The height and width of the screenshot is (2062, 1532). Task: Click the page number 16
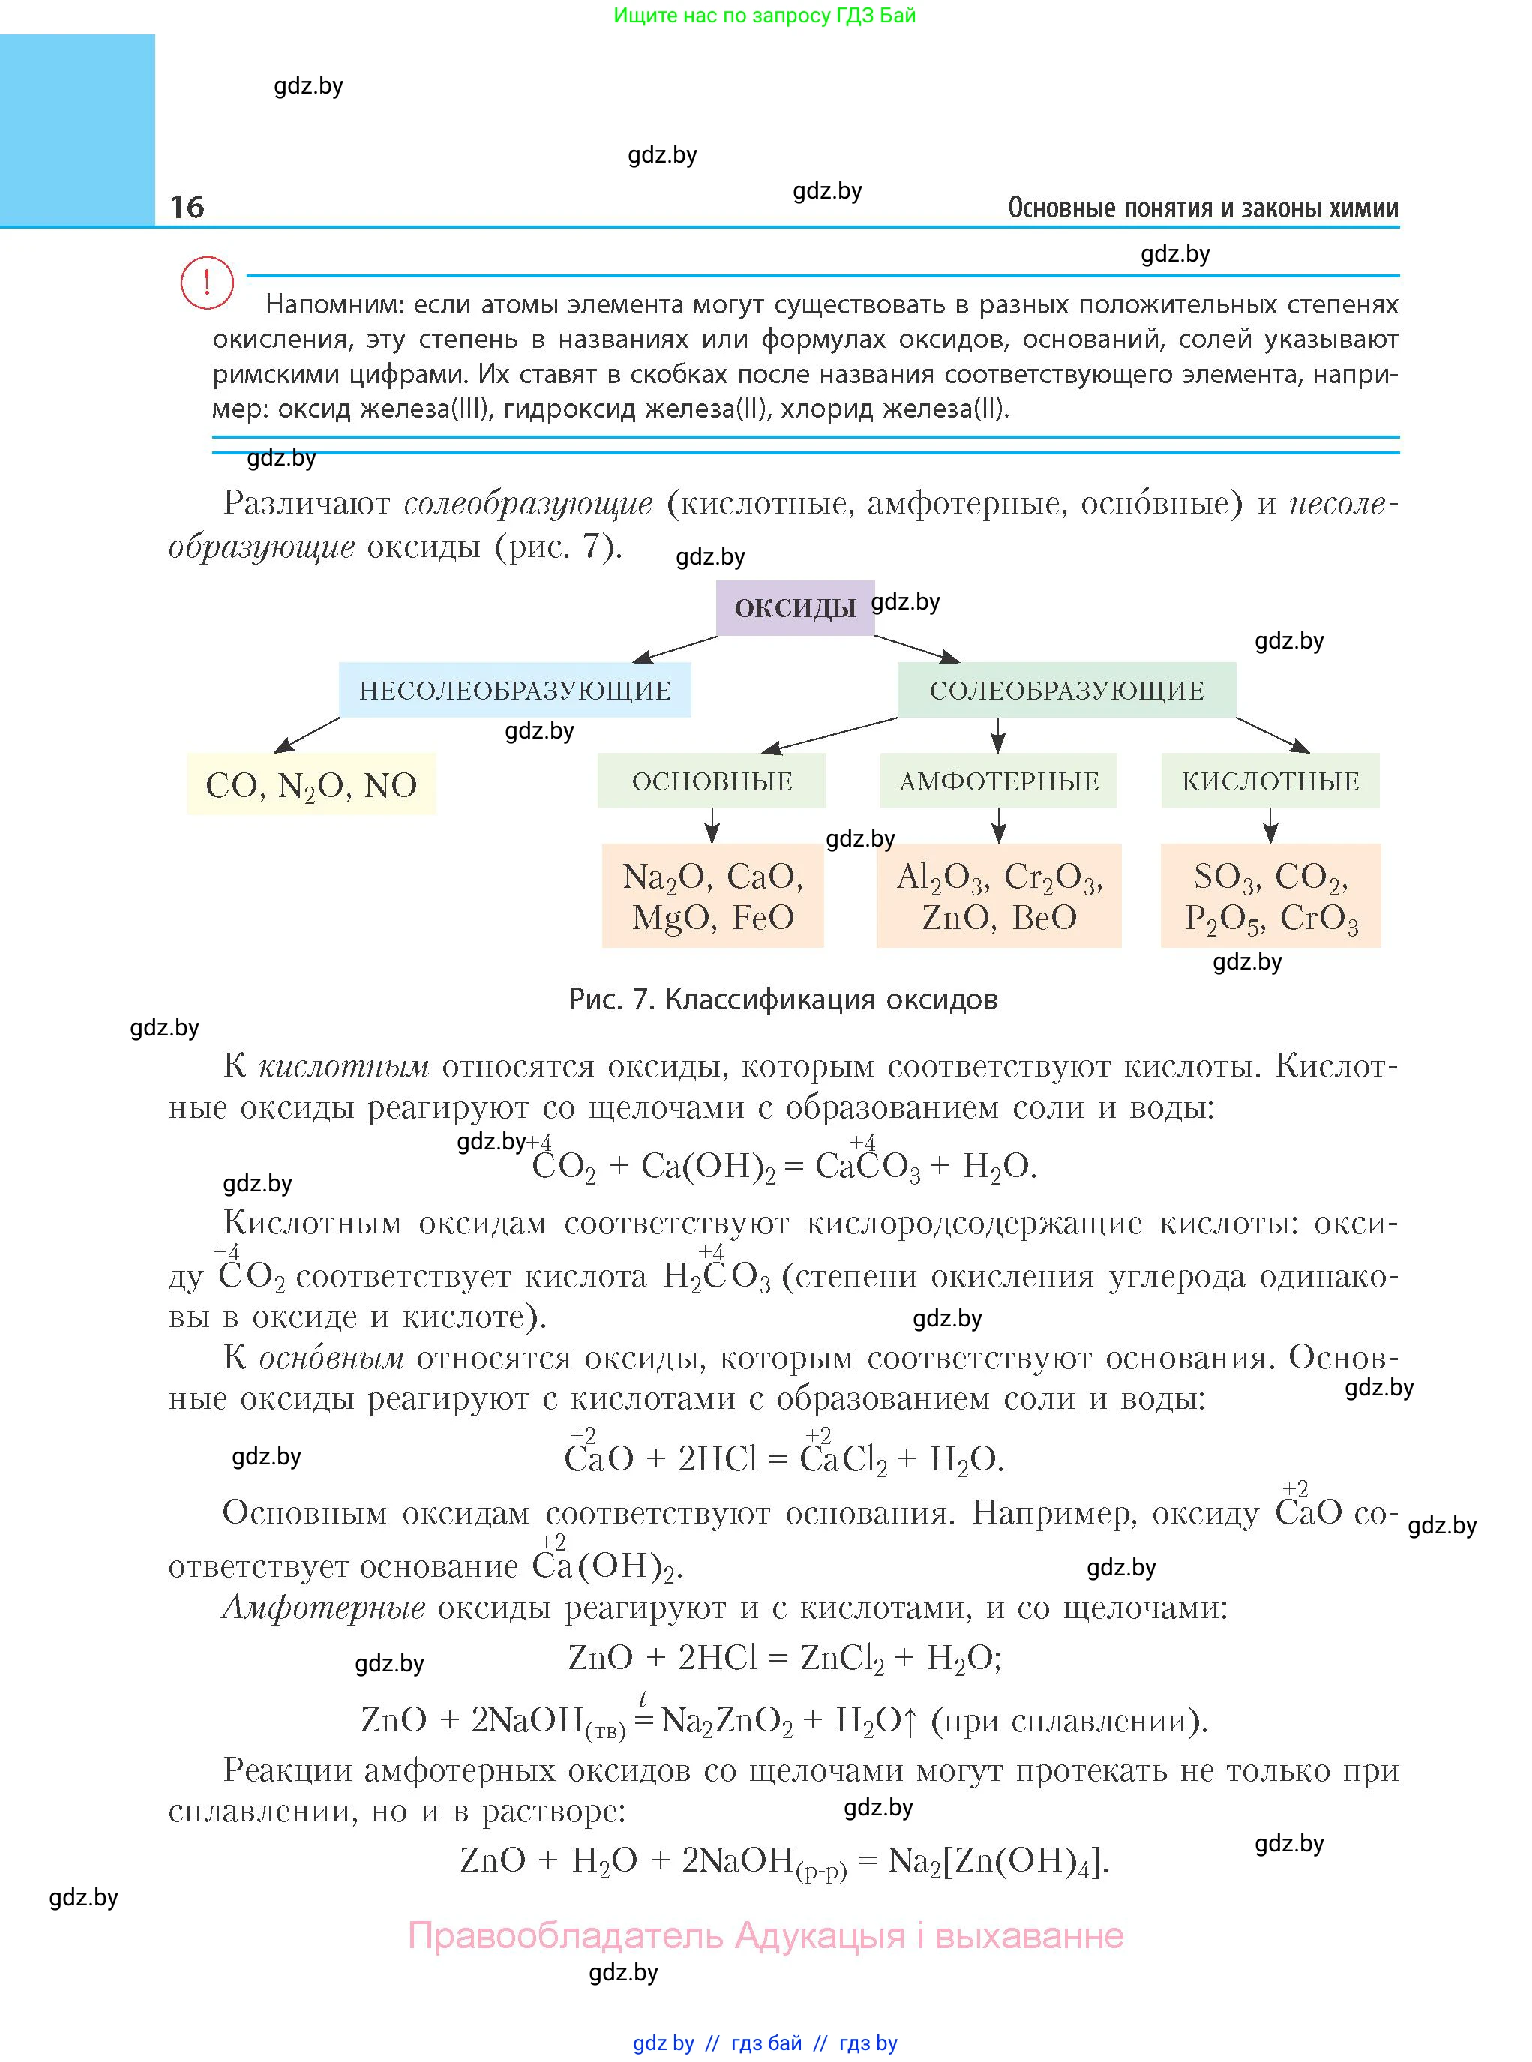click(x=187, y=207)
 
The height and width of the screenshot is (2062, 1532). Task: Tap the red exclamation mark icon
click(x=206, y=282)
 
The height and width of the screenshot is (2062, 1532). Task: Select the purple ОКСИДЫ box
click(x=795, y=608)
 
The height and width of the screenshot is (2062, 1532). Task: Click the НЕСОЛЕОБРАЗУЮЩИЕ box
click(x=514, y=690)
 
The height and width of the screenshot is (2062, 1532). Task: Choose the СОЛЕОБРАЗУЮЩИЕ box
click(x=1066, y=690)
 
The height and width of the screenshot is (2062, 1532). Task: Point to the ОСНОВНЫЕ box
click(x=712, y=781)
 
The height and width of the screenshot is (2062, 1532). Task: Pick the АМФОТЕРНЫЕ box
click(x=999, y=781)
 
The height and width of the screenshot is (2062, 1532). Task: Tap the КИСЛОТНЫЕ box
click(x=1270, y=781)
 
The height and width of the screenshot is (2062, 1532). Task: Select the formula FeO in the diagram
click(x=763, y=918)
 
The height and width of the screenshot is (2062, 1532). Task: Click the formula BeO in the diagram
click(x=1045, y=918)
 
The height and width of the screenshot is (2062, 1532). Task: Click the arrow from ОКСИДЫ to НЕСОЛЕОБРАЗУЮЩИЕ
click(x=674, y=649)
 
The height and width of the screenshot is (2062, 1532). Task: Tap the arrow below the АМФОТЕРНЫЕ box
click(x=999, y=825)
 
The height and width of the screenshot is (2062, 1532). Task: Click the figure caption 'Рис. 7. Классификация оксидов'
click(x=783, y=1000)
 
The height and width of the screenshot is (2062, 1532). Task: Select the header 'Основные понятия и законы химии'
click(x=1203, y=208)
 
